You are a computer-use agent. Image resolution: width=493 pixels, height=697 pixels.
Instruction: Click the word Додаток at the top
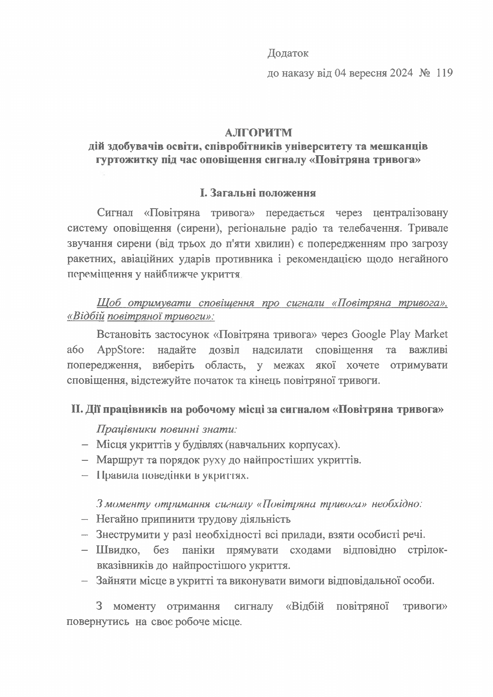(x=288, y=53)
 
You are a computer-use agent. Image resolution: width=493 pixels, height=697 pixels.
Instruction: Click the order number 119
(x=444, y=73)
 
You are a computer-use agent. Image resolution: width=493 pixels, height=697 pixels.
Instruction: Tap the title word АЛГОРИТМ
(x=258, y=133)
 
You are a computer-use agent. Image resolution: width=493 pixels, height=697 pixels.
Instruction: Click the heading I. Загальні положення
(x=258, y=193)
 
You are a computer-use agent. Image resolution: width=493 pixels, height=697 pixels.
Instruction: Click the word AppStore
(x=121, y=350)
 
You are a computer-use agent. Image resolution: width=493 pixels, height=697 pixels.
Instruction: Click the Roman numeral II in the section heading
(x=76, y=410)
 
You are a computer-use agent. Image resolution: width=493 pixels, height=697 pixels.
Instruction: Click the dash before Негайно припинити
(x=85, y=519)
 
